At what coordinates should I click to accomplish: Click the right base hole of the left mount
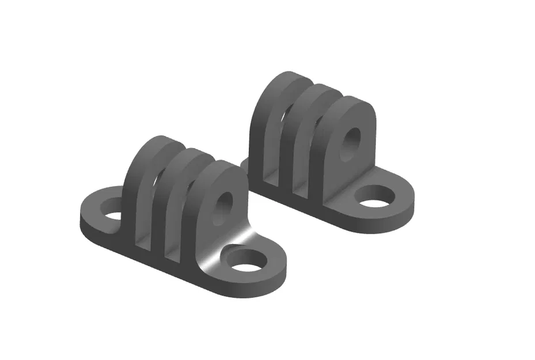pos(247,260)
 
